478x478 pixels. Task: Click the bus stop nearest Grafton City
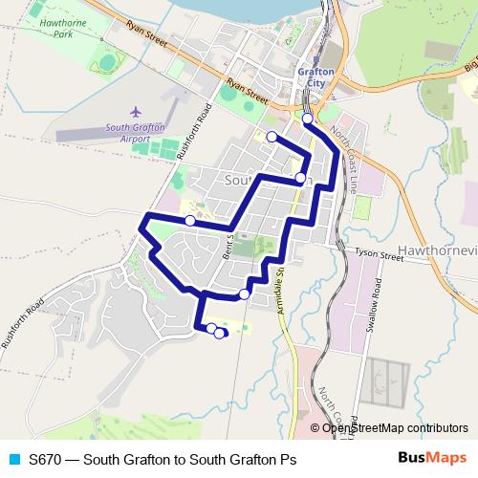click(x=307, y=119)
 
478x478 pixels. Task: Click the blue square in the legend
click(x=14, y=459)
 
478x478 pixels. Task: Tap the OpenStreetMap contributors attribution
click(x=395, y=427)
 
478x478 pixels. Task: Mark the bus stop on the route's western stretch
click(x=190, y=221)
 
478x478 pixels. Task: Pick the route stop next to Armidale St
click(x=245, y=293)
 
